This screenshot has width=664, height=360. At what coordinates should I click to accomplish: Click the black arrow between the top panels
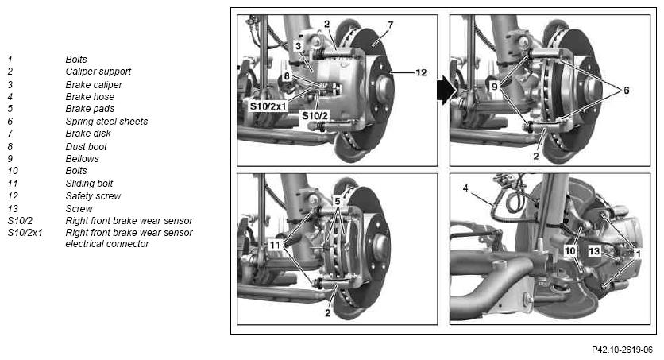point(446,90)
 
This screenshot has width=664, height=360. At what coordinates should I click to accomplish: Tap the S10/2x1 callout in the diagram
point(268,106)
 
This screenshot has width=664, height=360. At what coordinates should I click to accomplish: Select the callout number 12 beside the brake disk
point(421,72)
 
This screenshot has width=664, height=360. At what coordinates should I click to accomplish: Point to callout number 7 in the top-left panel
point(391,25)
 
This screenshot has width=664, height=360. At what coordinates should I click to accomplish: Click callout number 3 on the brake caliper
point(298,46)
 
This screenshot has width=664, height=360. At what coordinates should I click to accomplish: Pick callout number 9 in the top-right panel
point(494,87)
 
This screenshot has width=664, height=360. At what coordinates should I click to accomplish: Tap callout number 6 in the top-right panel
point(627,91)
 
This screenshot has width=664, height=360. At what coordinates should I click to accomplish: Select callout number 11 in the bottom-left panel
point(276,245)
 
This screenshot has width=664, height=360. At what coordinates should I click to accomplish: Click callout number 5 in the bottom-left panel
point(338,202)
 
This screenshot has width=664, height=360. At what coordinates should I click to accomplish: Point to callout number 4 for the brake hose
point(465,188)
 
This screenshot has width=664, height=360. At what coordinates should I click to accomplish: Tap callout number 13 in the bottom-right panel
point(595,251)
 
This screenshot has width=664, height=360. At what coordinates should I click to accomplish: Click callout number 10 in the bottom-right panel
point(570,251)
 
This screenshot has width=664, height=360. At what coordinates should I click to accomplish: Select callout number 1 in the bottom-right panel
point(638,254)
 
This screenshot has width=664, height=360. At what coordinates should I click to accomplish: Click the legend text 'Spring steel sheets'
point(106,122)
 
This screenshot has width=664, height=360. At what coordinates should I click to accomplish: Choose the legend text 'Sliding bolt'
point(89,184)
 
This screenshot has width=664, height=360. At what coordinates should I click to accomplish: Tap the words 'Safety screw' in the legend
point(93,196)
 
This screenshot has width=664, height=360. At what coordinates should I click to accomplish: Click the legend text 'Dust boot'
point(87,146)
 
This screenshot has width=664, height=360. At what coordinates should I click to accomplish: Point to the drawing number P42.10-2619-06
point(623,350)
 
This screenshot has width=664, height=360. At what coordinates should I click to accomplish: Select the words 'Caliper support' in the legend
point(98,72)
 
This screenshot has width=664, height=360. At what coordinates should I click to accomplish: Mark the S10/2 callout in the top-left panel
point(315,115)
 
